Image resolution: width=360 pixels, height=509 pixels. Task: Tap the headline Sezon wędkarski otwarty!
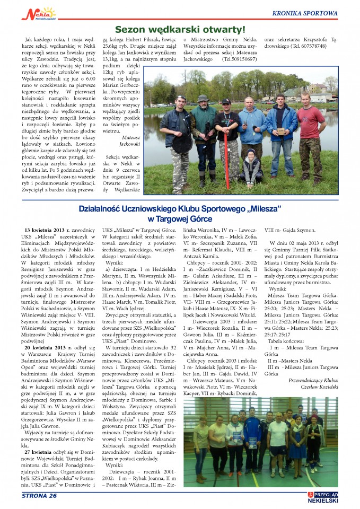[180, 30]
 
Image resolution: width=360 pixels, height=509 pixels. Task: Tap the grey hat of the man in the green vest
[203, 98]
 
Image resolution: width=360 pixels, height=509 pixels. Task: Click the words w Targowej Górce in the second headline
[180, 218]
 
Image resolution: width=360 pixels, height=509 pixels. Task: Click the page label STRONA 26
[39, 496]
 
